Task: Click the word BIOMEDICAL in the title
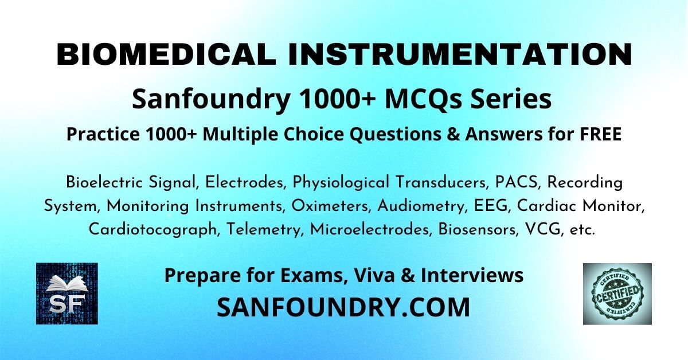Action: [166, 54]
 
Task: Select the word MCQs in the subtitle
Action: [423, 100]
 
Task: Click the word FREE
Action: [601, 134]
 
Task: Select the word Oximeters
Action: [330, 206]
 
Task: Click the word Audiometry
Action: [421, 206]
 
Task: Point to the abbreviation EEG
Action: [491, 206]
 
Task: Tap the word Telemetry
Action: [264, 230]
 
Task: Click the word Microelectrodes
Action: [370, 229]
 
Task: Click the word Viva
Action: [374, 275]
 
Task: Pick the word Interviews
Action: [472, 275]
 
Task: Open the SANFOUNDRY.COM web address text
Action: [343, 307]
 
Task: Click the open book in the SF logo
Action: [67, 284]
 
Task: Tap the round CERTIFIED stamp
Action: [617, 294]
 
